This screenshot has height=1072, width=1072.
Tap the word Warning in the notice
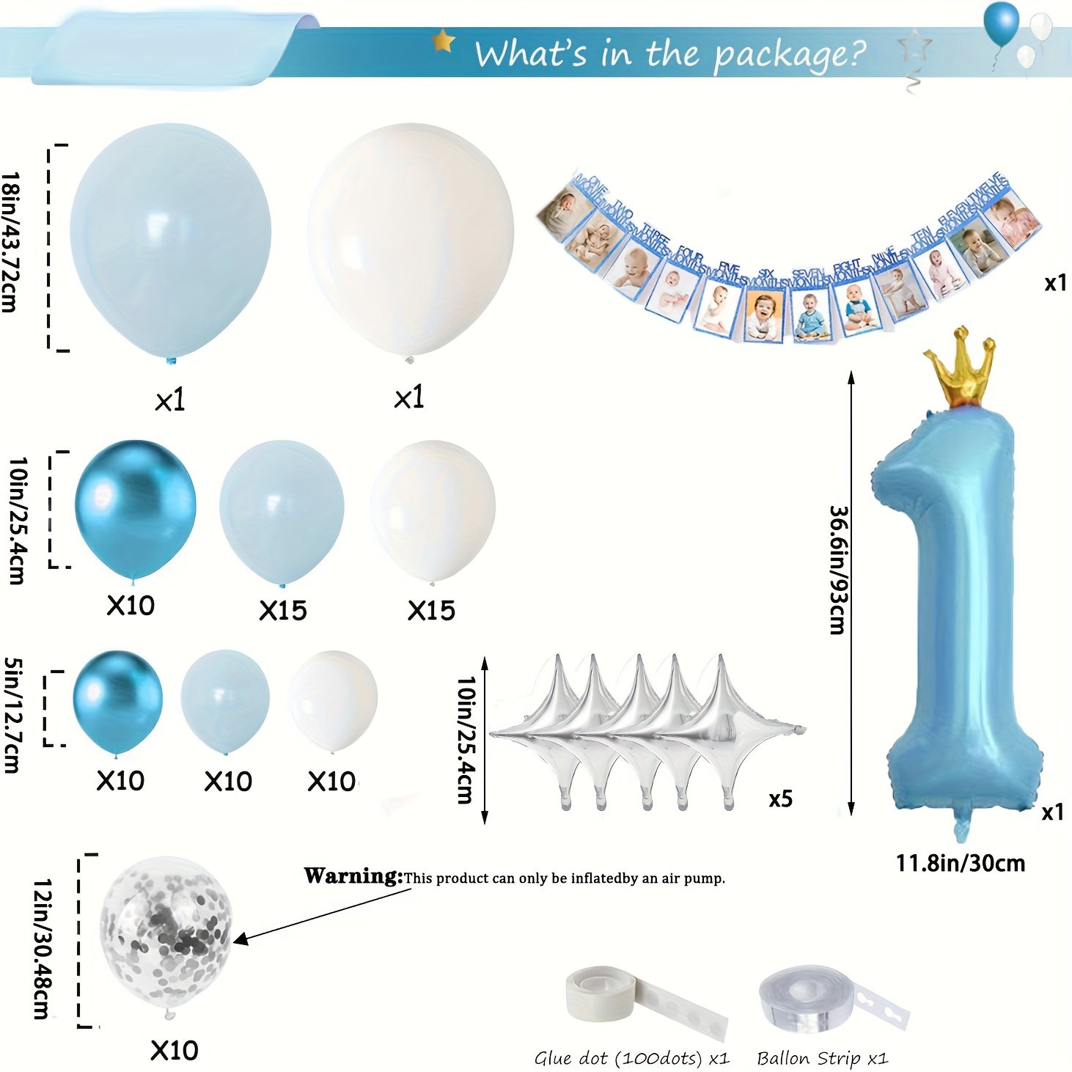(x=353, y=875)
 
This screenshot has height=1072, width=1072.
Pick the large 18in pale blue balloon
(x=171, y=238)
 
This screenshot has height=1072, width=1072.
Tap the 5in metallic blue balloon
(x=117, y=700)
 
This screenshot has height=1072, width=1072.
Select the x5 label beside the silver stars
(x=780, y=799)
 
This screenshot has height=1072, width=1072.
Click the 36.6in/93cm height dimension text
(x=837, y=570)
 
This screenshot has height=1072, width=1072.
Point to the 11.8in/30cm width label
(x=960, y=863)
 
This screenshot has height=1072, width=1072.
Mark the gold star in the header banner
(x=443, y=41)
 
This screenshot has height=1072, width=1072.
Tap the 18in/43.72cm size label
(x=10, y=242)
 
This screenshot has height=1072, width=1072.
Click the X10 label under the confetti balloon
(x=175, y=1050)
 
